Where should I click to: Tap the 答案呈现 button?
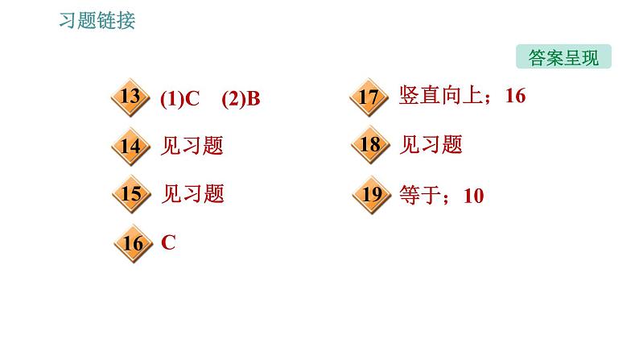[563, 58]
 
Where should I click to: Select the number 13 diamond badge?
[130, 98]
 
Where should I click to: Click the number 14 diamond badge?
[130, 146]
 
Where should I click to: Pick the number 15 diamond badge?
[130, 194]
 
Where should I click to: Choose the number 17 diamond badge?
[369, 98]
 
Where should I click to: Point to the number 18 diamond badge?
[369, 146]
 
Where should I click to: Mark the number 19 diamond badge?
[371, 194]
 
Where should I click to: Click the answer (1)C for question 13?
[179, 99]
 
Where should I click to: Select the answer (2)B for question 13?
[241, 99]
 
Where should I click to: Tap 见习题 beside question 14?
[192, 146]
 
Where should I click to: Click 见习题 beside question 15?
[192, 194]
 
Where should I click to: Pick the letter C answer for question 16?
[168, 242]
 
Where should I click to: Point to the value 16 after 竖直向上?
[515, 97]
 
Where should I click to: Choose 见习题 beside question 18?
[431, 145]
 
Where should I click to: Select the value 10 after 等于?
[473, 195]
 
